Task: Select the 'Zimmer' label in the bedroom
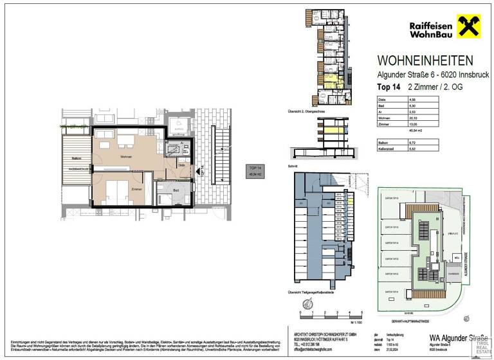point(136,190)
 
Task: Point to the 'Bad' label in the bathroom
point(176,191)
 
